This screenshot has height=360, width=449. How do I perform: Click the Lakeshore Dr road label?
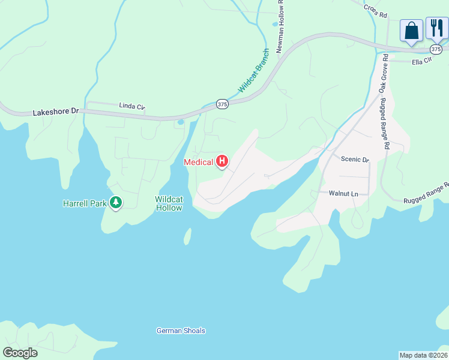(56, 112)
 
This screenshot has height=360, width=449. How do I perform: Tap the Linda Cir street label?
(132, 107)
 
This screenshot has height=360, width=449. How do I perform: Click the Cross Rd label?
(376, 10)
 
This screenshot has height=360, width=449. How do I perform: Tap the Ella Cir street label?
(421, 62)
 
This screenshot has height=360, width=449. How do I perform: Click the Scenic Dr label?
(354, 160)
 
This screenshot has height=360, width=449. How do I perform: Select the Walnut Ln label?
(343, 194)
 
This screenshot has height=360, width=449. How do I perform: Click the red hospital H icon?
(222, 161)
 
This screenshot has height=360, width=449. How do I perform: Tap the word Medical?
(198, 162)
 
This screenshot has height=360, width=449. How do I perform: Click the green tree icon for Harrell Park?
(115, 203)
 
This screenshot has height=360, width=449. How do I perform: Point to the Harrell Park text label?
(85, 203)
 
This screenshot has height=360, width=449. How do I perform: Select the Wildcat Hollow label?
(168, 203)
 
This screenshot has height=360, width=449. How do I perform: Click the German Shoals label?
(181, 331)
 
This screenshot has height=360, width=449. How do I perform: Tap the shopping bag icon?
(411, 29)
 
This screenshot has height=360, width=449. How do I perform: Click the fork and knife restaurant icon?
(436, 28)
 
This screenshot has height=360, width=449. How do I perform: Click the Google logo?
(20, 353)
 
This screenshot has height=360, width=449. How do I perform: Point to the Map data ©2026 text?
(423, 355)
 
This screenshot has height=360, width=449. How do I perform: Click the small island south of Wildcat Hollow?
(187, 236)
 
